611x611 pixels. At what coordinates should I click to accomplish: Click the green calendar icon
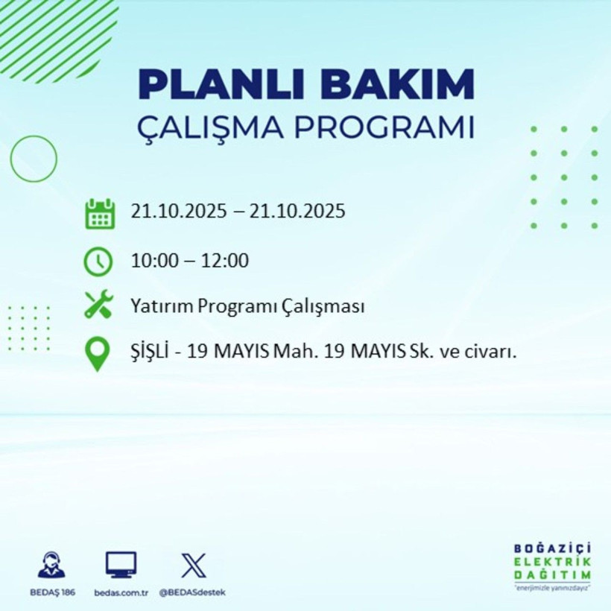[99, 213]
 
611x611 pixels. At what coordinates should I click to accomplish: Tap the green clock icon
[98, 261]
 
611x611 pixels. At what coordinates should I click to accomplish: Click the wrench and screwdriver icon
[98, 305]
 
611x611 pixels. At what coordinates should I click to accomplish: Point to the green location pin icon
[98, 354]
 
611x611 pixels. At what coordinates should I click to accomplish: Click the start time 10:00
[152, 261]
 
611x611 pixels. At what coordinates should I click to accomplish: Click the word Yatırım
[156, 306]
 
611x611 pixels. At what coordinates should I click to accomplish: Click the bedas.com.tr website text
[121, 592]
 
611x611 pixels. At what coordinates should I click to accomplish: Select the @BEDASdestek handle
[192, 592]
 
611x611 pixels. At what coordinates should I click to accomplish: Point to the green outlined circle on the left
[34, 159]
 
